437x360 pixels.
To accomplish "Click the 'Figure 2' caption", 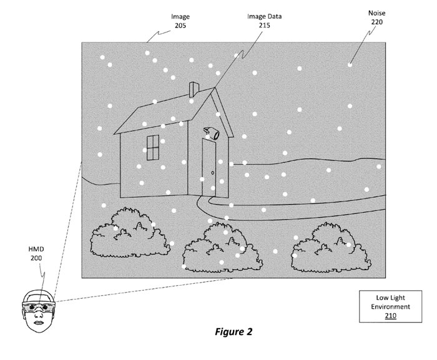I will point(230,331).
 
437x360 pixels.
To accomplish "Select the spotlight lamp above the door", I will point(211,132).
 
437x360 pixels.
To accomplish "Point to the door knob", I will point(213,173).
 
